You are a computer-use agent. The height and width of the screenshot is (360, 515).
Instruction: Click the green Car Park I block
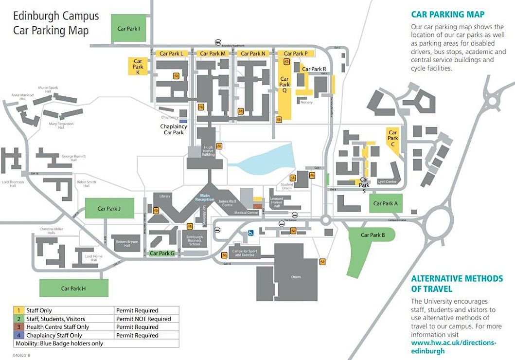(129, 28)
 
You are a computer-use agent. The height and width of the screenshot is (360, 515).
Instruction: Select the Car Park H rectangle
(73, 288)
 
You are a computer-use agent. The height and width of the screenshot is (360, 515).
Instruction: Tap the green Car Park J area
(109, 208)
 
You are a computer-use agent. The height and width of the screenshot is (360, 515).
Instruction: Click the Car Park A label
(386, 203)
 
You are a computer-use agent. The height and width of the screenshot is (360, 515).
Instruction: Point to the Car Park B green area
(373, 235)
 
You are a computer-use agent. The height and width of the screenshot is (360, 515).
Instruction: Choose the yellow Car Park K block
(138, 67)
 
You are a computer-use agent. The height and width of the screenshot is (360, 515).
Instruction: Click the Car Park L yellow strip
(172, 54)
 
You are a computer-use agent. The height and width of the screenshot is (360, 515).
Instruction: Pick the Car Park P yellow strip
(296, 54)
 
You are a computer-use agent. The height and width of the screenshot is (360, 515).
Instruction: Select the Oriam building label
(296, 277)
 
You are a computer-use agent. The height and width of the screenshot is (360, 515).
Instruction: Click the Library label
(165, 196)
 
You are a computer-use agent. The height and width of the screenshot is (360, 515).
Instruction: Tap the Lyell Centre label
(387, 181)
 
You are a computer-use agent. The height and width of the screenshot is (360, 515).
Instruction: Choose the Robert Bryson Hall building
(127, 243)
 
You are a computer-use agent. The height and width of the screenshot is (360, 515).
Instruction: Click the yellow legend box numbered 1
(18, 310)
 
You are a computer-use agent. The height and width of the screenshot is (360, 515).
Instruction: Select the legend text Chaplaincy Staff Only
(54, 335)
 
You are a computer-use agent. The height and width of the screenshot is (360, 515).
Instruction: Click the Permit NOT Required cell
(143, 319)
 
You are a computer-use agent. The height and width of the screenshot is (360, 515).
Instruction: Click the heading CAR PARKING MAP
(447, 15)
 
